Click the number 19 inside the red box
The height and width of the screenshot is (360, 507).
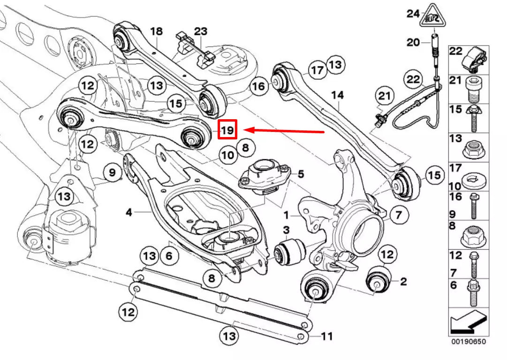227,130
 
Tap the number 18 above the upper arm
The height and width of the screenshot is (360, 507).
156,31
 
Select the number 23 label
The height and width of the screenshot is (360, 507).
200,31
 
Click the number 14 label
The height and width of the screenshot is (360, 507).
337,95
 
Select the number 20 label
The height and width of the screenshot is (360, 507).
413,43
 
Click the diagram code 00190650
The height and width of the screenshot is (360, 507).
469,341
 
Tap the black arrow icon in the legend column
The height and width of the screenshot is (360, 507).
468,322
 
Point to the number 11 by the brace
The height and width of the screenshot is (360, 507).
326,336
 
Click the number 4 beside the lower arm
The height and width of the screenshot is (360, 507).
129,213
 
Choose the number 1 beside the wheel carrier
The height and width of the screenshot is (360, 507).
286,216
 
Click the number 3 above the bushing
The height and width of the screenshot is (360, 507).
286,230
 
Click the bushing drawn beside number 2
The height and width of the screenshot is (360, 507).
379,280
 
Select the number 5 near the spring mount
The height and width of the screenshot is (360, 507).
301,174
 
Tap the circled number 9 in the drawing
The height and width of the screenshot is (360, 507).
112,173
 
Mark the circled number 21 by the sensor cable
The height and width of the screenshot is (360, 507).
385,97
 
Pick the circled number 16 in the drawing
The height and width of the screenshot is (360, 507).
258,86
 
